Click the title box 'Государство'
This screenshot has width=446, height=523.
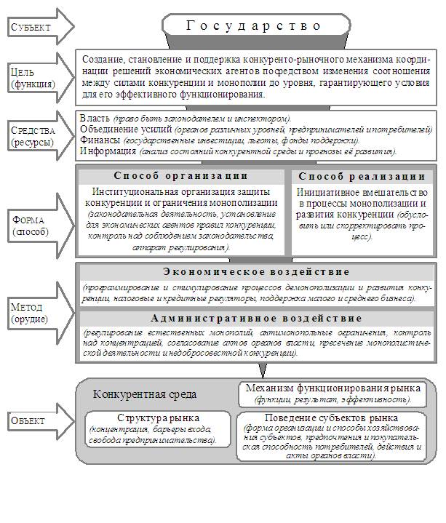tap(254, 25)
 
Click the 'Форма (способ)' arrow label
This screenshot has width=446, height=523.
tap(30, 225)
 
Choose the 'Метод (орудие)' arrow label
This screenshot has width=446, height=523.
tap(30, 313)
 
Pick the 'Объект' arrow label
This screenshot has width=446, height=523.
tap(28, 420)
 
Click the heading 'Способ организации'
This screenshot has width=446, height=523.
tap(181, 177)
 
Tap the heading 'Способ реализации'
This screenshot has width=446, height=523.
tap(362, 177)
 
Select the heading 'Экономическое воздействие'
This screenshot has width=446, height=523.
tap(255, 272)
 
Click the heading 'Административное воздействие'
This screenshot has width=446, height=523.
tap(255, 319)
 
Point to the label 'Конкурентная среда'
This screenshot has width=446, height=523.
tap(145, 394)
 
